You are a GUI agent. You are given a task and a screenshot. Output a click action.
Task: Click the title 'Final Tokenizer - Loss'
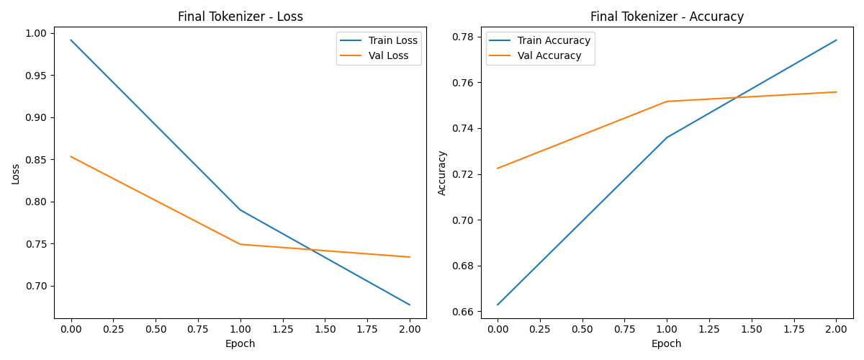click(x=240, y=17)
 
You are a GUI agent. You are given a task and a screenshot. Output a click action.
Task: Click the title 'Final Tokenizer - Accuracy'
click(x=667, y=17)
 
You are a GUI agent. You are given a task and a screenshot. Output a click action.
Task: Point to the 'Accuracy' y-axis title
click(x=442, y=173)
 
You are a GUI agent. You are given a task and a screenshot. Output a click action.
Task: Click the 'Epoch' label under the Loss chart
click(x=240, y=343)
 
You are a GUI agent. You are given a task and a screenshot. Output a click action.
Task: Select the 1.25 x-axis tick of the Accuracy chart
click(x=709, y=329)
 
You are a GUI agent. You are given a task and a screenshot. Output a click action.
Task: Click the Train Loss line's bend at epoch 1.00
click(x=240, y=210)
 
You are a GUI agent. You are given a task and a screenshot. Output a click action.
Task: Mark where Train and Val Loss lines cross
click(x=312, y=250)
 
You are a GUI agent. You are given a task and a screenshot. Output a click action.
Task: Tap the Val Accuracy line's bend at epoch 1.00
click(x=667, y=102)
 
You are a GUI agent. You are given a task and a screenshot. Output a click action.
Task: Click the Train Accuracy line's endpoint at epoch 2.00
click(x=836, y=40)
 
